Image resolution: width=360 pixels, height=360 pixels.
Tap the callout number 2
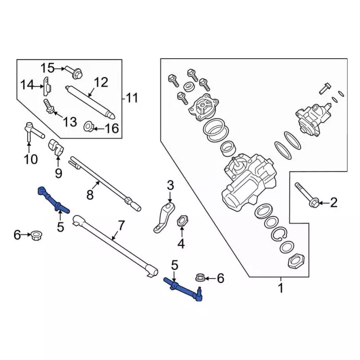pyautogui.click(x=334, y=202)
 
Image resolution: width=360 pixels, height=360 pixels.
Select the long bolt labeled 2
pyautogui.click(x=306, y=194)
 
